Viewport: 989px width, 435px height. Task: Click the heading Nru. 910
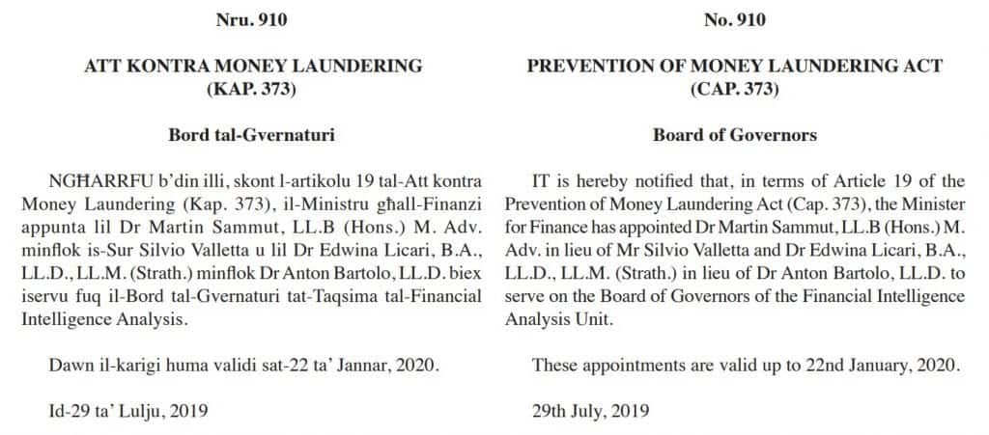tap(253, 18)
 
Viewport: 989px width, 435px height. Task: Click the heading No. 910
tap(734, 18)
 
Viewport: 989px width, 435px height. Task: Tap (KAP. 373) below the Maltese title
tap(253, 90)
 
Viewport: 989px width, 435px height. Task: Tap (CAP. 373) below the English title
tap(734, 90)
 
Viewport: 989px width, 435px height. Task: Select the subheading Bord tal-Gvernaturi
tap(253, 135)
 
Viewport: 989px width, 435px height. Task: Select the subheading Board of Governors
tap(734, 135)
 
